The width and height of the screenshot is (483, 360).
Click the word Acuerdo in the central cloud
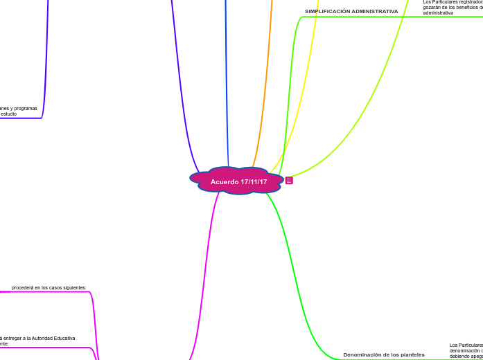tap(225, 181)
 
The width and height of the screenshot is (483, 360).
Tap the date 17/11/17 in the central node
tap(254, 181)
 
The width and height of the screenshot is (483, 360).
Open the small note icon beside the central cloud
tap(289, 181)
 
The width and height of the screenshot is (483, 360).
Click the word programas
tap(26, 109)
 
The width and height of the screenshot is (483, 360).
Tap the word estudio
tap(8, 114)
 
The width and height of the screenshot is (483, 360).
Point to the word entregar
tap(10, 339)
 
